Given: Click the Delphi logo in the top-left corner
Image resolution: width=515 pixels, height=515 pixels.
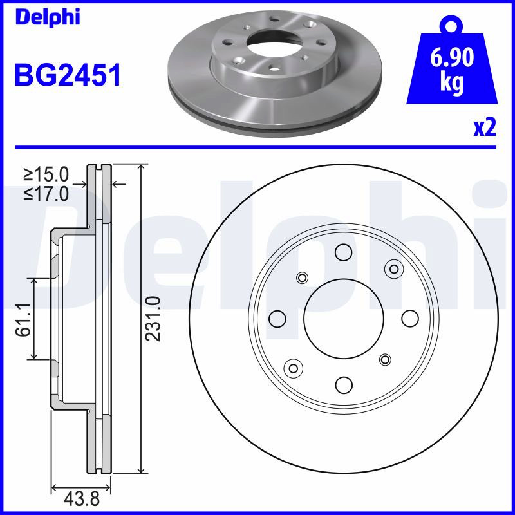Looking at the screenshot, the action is pyautogui.click(x=48, y=18).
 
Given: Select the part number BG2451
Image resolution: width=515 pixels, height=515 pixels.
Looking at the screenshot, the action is pyautogui.click(x=68, y=75).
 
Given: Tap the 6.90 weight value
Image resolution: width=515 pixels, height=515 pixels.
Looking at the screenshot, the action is pyautogui.click(x=452, y=58).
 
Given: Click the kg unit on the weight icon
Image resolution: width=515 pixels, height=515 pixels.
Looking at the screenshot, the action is pyautogui.click(x=452, y=82).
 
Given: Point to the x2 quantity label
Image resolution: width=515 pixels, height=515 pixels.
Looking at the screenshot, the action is pyautogui.click(x=485, y=127).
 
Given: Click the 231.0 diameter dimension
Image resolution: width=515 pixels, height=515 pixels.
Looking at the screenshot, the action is pyautogui.click(x=153, y=319).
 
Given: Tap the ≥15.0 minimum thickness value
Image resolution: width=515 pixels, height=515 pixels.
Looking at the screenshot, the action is pyautogui.click(x=46, y=174).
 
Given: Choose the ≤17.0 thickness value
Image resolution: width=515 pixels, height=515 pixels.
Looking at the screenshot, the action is pyautogui.click(x=46, y=194).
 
